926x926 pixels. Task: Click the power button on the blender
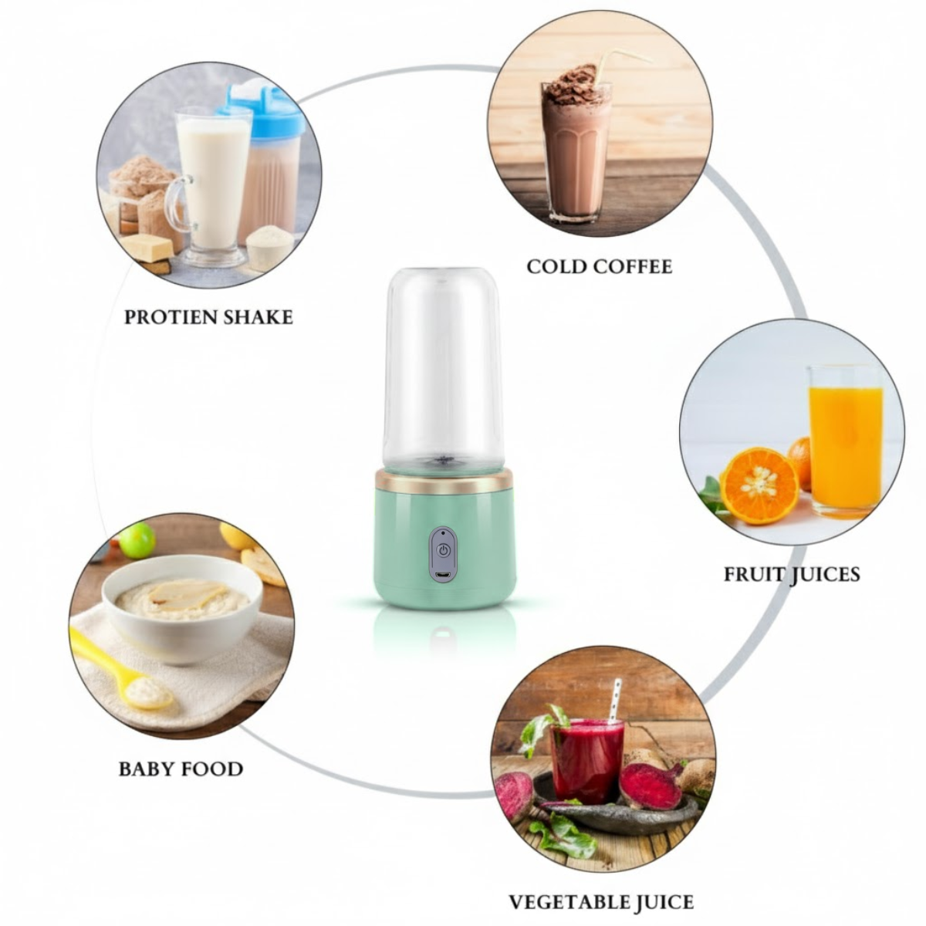[x=443, y=551]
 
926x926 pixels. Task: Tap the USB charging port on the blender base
[x=443, y=576]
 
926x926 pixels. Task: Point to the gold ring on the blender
[x=443, y=481]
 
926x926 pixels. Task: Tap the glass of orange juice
[x=846, y=444]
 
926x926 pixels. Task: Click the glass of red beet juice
[x=586, y=760]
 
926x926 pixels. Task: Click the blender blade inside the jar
[x=443, y=460]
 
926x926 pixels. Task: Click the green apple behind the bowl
[x=138, y=540]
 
